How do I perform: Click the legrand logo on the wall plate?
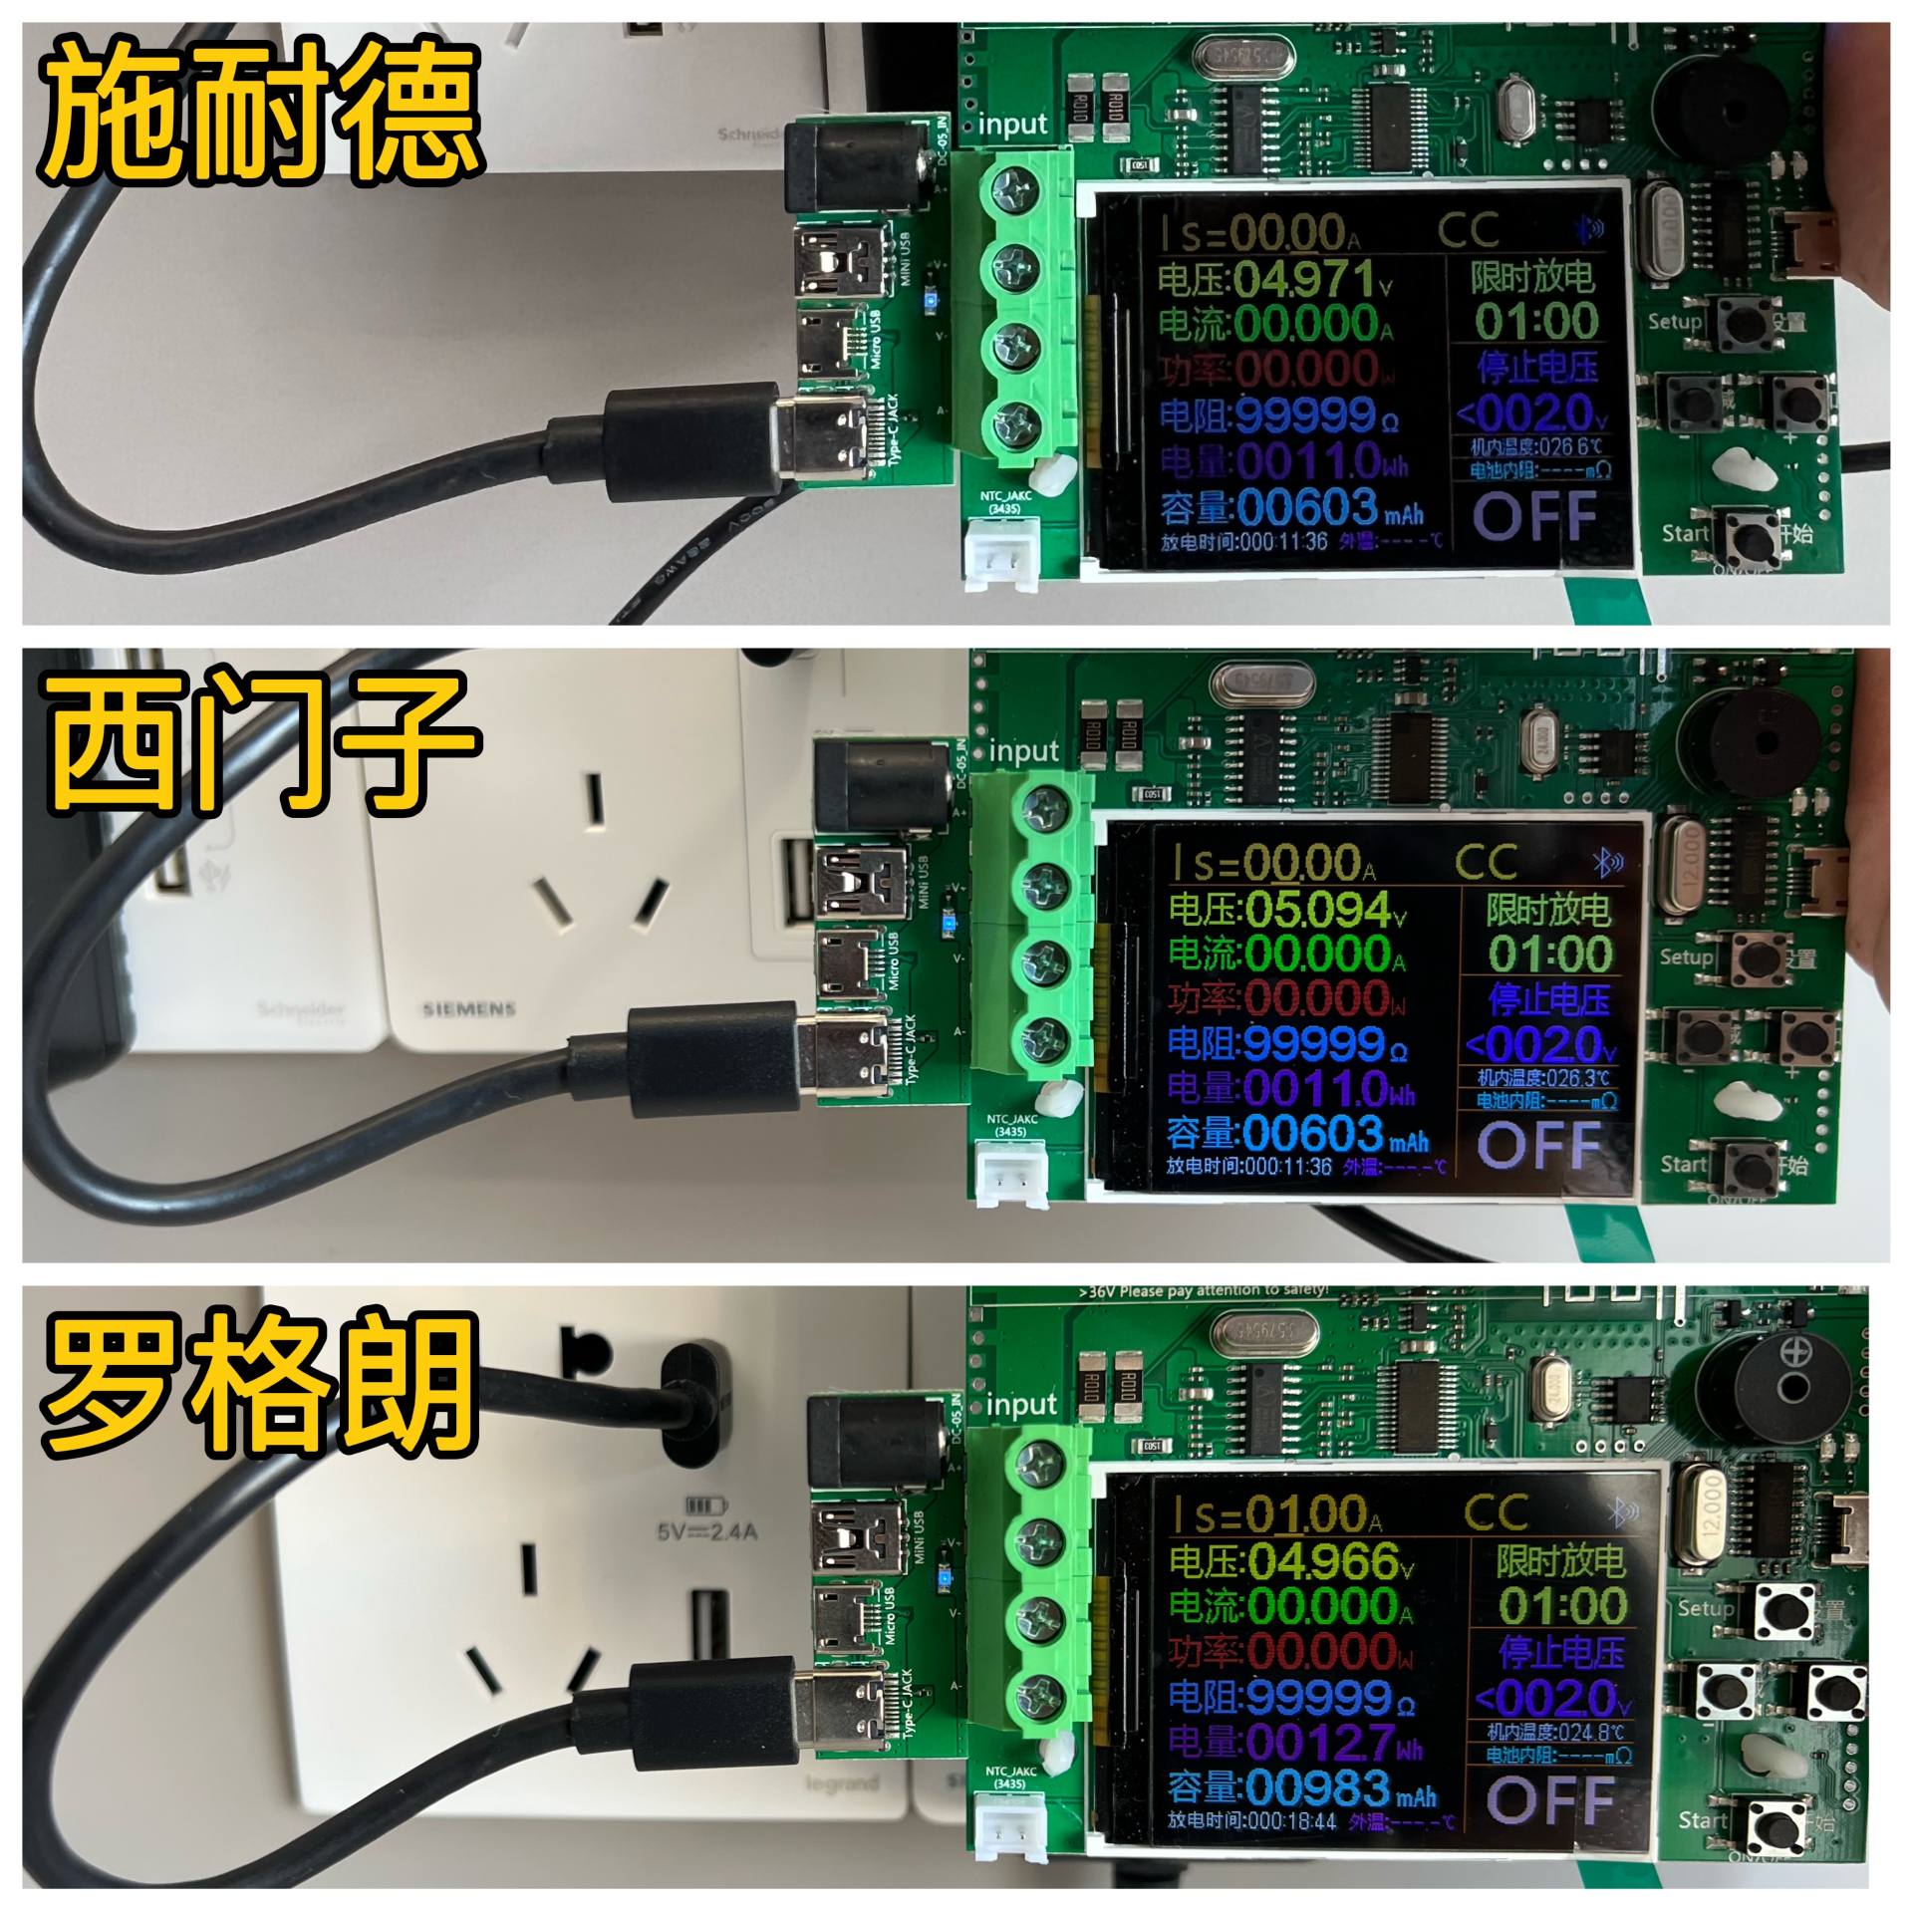841,1782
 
